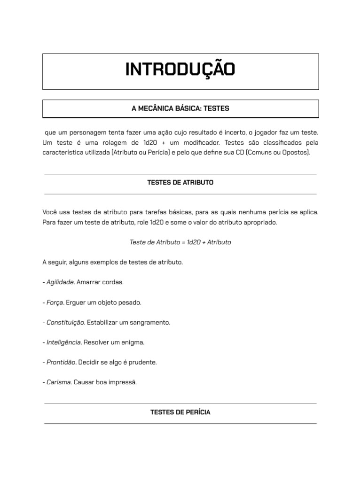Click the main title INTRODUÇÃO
(x=180, y=70)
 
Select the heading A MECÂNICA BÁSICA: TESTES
(x=180, y=109)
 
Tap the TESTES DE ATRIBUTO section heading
(x=180, y=182)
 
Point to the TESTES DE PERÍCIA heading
(x=180, y=412)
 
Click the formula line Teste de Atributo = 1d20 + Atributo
(x=180, y=242)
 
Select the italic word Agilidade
(x=60, y=282)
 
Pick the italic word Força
(x=55, y=303)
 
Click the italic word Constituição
(x=65, y=323)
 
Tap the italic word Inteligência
(x=64, y=342)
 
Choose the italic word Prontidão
(x=61, y=363)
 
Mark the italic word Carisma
(x=59, y=382)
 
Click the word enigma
(x=133, y=342)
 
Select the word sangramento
(x=150, y=323)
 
